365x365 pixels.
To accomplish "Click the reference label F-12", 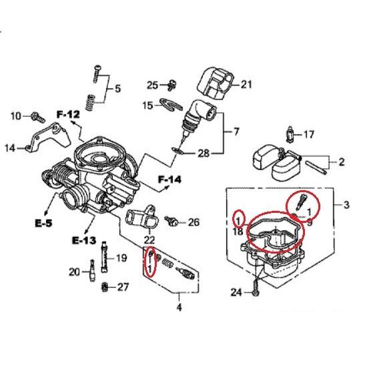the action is point(68,114).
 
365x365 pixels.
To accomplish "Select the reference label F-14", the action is point(169,179).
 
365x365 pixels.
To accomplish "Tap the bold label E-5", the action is point(44,224).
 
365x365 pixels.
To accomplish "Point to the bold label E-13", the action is point(84,240).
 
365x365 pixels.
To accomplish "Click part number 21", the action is point(246,85).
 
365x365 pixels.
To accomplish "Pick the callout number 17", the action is point(309,135).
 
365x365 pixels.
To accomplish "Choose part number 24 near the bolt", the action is point(236,292).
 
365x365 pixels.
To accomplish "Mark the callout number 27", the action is point(123,287).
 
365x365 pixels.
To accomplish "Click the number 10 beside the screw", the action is point(16,115).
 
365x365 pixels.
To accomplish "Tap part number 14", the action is point(10,148).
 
